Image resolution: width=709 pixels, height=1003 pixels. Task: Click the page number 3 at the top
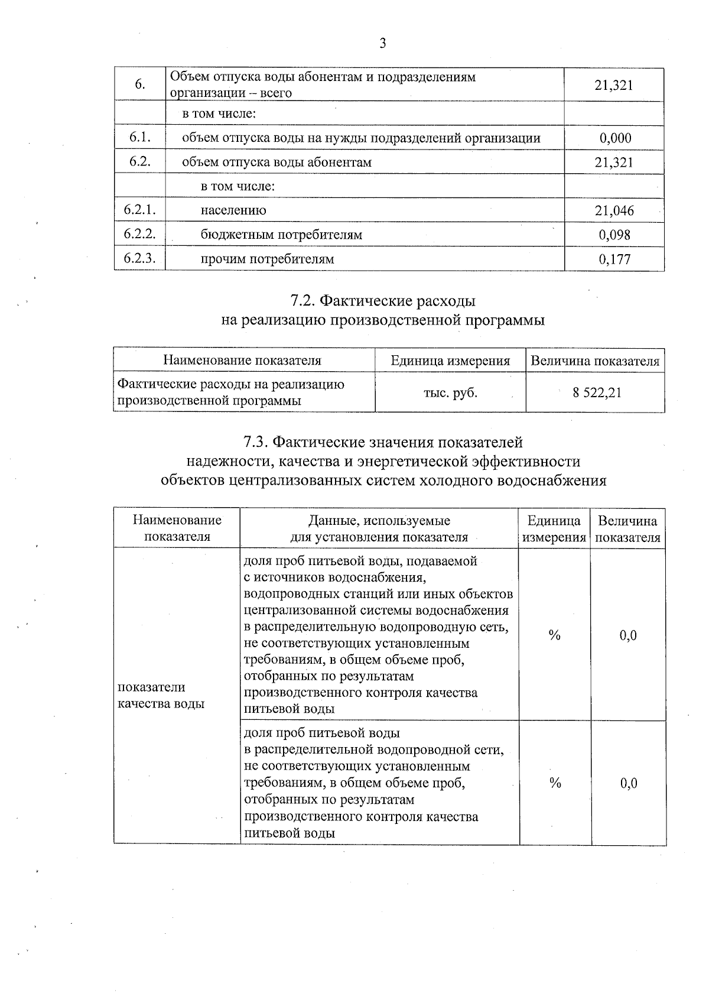tap(383, 43)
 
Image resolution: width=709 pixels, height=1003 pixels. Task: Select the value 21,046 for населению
tap(614, 210)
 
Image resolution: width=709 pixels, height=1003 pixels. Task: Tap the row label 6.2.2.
tap(139, 234)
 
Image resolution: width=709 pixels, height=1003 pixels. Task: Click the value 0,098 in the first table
tap(614, 235)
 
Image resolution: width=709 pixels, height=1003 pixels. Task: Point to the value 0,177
tap(614, 259)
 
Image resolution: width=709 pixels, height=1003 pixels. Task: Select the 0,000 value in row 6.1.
tap(614, 138)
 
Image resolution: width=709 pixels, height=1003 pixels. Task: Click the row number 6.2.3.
tap(139, 258)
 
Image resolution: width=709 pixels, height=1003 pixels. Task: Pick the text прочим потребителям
tap(267, 259)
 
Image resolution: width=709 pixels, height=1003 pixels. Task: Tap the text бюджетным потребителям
tap(281, 235)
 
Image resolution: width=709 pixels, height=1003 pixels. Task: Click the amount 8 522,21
tap(597, 392)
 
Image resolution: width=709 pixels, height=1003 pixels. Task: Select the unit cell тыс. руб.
tap(450, 392)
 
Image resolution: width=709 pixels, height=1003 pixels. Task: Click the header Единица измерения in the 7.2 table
tap(450, 361)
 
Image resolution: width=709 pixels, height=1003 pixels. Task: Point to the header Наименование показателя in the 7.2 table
tap(242, 361)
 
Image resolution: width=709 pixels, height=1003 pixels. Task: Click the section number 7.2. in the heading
tap(303, 301)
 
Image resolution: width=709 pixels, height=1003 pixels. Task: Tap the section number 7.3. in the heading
tap(258, 442)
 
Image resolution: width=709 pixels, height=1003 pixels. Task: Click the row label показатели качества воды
tap(161, 695)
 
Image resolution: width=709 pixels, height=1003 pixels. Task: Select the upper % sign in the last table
tap(554, 635)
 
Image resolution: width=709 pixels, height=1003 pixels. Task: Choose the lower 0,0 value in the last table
tap(629, 783)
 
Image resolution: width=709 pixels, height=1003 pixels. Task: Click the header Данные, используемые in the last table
tap(379, 521)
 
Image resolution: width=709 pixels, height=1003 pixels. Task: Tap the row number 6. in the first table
tap(140, 85)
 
